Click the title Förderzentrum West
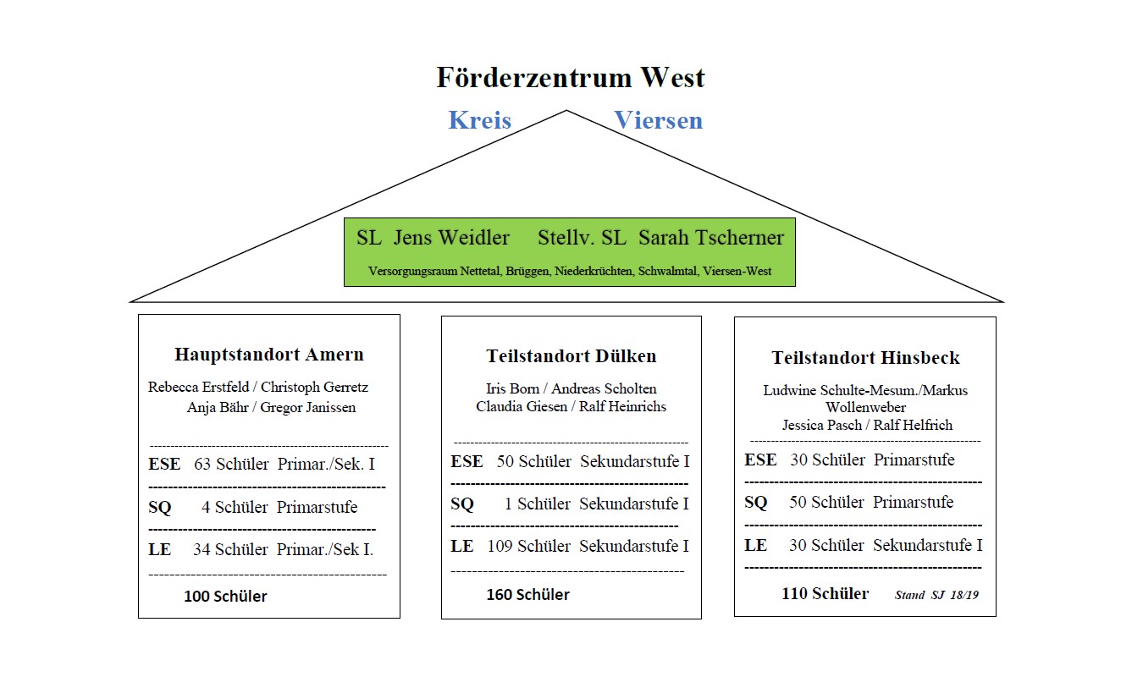[x=571, y=78]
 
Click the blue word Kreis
[x=480, y=120]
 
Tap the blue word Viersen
[x=658, y=120]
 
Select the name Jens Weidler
[x=451, y=238]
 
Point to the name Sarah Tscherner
[x=711, y=238]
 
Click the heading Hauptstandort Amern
[x=269, y=354]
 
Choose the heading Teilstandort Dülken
[x=571, y=356]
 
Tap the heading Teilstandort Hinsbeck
[x=865, y=358]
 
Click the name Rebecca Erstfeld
[x=198, y=388]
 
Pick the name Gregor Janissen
[x=307, y=408]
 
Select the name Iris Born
[x=512, y=388]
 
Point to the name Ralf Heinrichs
[x=622, y=406]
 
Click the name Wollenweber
[x=866, y=408]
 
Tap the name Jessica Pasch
[x=822, y=425]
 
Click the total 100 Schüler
[x=225, y=597]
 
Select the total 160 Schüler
[x=527, y=595]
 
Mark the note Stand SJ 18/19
[x=937, y=595]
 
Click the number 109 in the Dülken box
[x=500, y=547]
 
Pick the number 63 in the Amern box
[x=202, y=465]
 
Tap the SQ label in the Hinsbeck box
[x=756, y=503]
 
